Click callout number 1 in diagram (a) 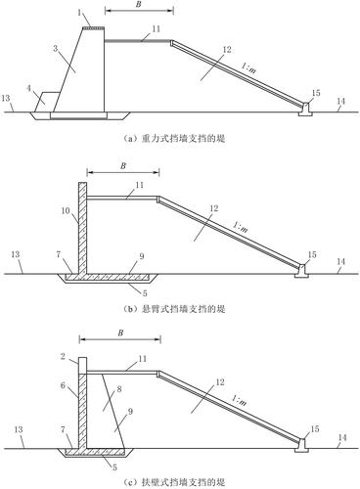click(79, 14)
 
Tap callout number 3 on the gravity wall click(56, 49)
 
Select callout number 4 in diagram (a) click(29, 88)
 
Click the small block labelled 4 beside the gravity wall click(47, 102)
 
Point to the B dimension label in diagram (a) click(139, 5)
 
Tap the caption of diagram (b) click(174, 309)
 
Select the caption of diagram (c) click(174, 482)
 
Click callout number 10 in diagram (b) click(66, 210)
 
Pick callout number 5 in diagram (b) click(145, 293)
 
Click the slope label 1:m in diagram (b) click(241, 226)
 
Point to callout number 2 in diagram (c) click(64, 356)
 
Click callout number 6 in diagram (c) click(63, 385)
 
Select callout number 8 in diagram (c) click(119, 389)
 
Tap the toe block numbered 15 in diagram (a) click(306, 110)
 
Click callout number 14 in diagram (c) click(342, 437)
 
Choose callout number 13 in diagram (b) click(16, 254)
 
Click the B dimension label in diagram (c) click(120, 333)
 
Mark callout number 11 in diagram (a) click(157, 28)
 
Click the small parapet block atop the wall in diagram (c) click(83, 365)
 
